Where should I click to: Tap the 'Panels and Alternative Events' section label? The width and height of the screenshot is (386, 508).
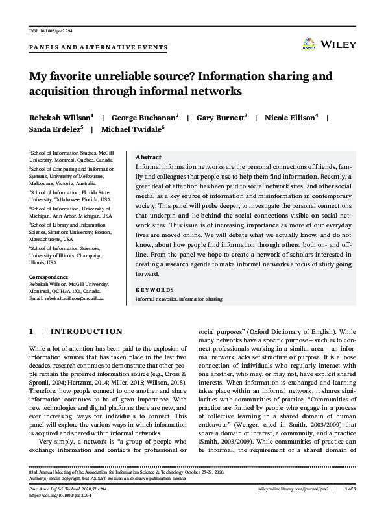(98, 47)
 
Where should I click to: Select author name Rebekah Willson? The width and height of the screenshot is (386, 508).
(54, 118)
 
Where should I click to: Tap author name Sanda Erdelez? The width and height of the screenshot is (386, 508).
(54, 129)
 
